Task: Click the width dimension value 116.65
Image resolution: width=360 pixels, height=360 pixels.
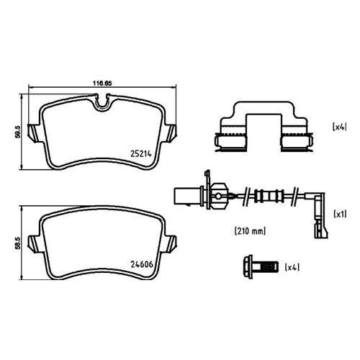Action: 102,84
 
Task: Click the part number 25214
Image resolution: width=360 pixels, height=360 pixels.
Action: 141,153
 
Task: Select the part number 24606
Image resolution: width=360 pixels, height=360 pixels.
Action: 142,264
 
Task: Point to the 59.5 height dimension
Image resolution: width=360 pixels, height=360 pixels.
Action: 17,132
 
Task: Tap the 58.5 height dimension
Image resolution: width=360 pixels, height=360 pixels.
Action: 17,243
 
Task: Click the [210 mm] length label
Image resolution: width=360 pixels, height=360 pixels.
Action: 250,231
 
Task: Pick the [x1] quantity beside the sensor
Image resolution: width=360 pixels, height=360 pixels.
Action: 340,214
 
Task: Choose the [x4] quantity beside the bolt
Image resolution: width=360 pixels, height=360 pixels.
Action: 292,267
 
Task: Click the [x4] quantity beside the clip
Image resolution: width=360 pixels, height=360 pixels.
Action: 340,127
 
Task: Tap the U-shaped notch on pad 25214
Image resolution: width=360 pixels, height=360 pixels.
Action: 102,103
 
